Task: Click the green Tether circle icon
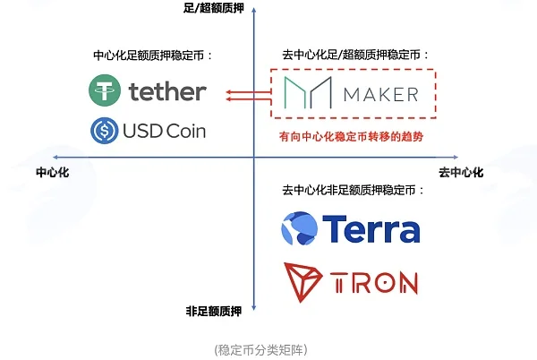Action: pyautogui.click(x=105, y=90)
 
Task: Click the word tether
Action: pyautogui.click(x=167, y=91)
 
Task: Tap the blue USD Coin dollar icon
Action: pyautogui.click(x=105, y=131)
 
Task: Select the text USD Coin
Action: pyautogui.click(x=164, y=131)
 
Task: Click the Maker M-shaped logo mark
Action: pyautogui.click(x=308, y=92)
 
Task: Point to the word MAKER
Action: pyautogui.click(x=381, y=95)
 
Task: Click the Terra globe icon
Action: pyautogui.click(x=299, y=228)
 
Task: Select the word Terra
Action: pyautogui.click(x=371, y=229)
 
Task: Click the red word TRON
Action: pyautogui.click(x=374, y=283)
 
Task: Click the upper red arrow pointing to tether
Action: pyautogui.click(x=249, y=92)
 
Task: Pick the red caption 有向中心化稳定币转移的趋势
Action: pyautogui.click(x=352, y=137)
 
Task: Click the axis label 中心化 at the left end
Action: pyautogui.click(x=53, y=172)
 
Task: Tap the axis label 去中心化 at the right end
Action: pyautogui.click(x=461, y=172)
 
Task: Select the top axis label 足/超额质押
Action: pyautogui.click(x=214, y=8)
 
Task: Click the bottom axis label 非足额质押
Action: pyautogui.click(x=214, y=312)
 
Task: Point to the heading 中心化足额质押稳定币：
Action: pyautogui.click(x=153, y=56)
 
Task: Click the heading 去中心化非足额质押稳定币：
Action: pyautogui.click(x=354, y=190)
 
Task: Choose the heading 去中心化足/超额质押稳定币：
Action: pyautogui.click(x=355, y=55)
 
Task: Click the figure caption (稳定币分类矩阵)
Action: pyautogui.click(x=261, y=350)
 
